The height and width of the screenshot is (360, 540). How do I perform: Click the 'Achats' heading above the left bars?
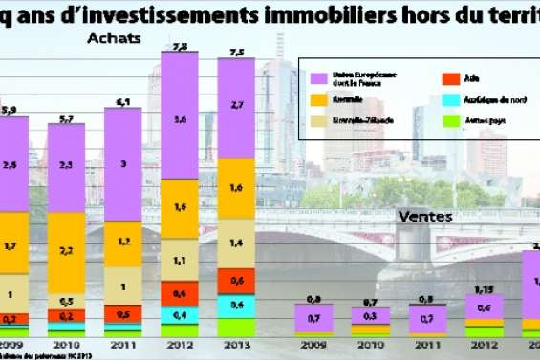(x=114, y=38)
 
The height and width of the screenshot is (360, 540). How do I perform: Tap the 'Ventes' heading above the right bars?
(x=424, y=217)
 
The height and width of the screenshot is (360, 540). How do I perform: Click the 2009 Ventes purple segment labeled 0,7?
(x=314, y=318)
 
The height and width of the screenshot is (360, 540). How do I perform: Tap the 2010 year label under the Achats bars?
(x=67, y=346)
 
